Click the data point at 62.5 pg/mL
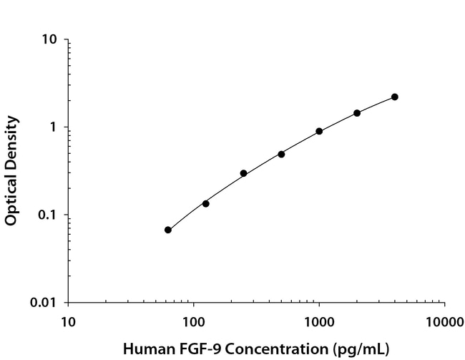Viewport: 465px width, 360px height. [168, 230]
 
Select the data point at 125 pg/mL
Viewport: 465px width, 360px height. [206, 204]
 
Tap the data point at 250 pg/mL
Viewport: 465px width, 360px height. [244, 173]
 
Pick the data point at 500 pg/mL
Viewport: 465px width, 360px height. [282, 154]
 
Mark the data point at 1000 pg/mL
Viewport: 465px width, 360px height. [319, 132]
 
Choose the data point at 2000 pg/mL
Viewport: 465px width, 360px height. [357, 113]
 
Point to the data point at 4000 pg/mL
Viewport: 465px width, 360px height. [395, 97]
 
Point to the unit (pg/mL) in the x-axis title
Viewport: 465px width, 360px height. [362, 349]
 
